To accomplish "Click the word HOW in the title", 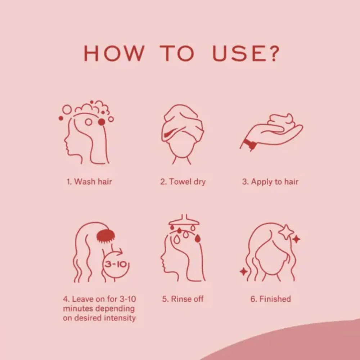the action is point(114,53).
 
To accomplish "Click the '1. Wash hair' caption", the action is point(89,181).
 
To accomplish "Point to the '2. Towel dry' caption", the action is point(183,182).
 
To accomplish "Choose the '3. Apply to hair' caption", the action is point(270,182).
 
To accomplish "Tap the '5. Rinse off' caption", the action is point(183,299).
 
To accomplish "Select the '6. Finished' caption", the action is point(270,299).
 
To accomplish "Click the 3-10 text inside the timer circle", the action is point(116,264).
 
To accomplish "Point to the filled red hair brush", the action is point(105,236).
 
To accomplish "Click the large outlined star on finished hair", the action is point(286,232).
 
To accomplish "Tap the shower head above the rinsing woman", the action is point(184,220).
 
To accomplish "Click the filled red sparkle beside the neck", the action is point(244,271).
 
